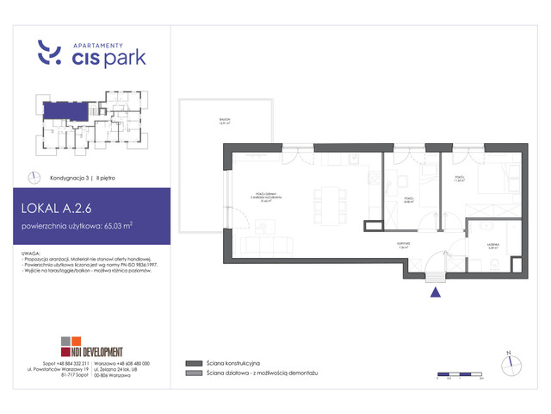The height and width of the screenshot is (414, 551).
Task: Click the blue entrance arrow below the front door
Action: (436, 292)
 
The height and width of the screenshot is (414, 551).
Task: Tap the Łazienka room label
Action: (493, 247)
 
